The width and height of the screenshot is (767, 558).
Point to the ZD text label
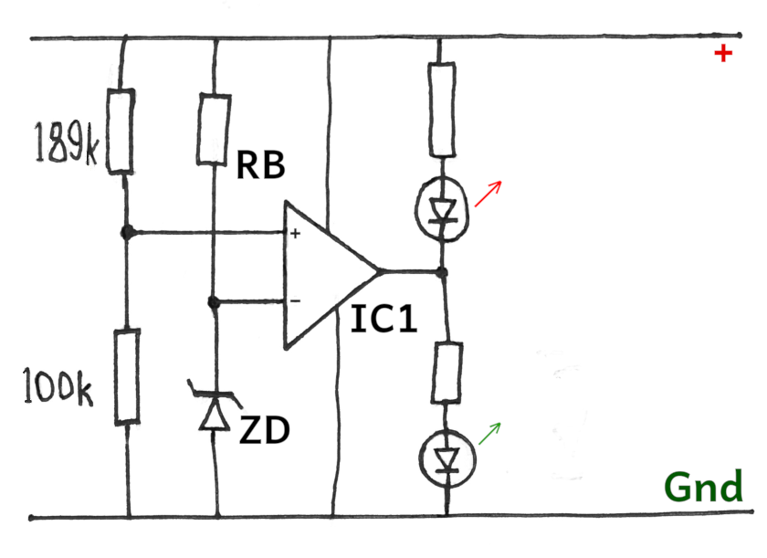click(264, 429)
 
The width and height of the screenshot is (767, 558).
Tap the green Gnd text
click(703, 489)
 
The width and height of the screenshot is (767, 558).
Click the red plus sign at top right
click(723, 54)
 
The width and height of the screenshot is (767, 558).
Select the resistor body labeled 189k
click(121, 131)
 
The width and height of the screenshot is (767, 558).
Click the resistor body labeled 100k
click(127, 377)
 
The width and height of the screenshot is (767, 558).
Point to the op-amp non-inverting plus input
click(295, 234)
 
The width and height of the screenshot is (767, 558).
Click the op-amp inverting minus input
click(295, 300)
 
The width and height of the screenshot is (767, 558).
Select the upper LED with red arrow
click(442, 207)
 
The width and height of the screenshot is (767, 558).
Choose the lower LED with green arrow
click(445, 458)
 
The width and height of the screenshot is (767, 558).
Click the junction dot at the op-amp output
click(442, 272)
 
